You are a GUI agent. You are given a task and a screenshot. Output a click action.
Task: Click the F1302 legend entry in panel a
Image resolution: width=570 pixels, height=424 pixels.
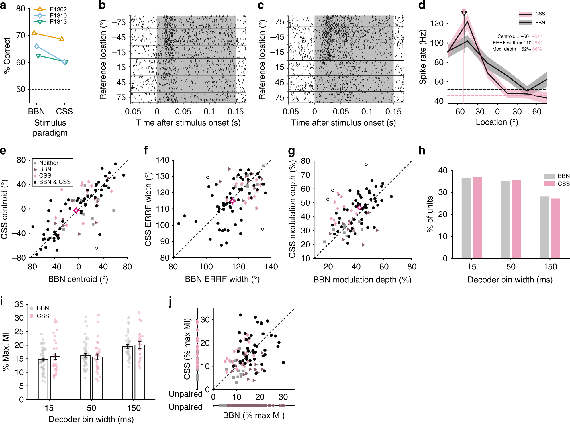[58, 9]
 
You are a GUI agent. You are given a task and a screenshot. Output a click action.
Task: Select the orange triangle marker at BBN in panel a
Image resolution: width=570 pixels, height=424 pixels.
[34, 33]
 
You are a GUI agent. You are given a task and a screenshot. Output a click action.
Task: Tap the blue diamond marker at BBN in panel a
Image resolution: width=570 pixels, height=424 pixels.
[37, 46]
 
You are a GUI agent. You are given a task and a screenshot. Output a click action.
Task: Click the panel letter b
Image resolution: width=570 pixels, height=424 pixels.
[102, 5]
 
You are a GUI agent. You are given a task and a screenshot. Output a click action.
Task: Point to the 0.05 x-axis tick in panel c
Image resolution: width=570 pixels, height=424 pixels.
[341, 112]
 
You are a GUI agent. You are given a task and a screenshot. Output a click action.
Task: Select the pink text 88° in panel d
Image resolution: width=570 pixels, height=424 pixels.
[538, 43]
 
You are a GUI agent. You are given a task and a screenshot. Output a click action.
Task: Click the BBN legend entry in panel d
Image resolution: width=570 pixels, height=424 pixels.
[540, 23]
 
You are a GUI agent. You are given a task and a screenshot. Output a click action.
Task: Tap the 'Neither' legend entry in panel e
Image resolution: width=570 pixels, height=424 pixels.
[48, 163]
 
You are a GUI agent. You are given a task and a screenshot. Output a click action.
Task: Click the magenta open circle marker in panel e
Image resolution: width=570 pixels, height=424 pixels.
[76, 210]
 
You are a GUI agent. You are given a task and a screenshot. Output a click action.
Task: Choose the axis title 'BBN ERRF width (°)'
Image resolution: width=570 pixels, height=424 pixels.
[222, 279]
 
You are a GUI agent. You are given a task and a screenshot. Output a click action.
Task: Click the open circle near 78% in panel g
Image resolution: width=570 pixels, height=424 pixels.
[366, 164]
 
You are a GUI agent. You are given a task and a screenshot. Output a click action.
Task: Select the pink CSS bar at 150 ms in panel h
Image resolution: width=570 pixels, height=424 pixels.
[555, 228]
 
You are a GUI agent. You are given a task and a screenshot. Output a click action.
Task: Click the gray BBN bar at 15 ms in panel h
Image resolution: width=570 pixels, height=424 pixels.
[466, 218]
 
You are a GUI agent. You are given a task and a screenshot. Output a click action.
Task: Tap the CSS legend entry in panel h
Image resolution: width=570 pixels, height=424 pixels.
[563, 184]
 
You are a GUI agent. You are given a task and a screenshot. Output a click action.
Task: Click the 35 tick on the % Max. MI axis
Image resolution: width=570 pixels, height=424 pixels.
[19, 304]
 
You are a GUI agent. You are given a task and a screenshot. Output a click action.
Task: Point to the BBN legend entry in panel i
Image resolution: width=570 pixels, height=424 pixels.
[43, 308]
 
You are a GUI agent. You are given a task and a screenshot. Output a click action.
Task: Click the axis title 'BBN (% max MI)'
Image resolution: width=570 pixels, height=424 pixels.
[254, 415]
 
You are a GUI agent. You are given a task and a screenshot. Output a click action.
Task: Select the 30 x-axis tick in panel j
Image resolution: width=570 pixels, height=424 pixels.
[283, 397]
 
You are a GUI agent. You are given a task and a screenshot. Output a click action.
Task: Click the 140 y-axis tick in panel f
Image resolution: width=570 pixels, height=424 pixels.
[162, 160]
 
